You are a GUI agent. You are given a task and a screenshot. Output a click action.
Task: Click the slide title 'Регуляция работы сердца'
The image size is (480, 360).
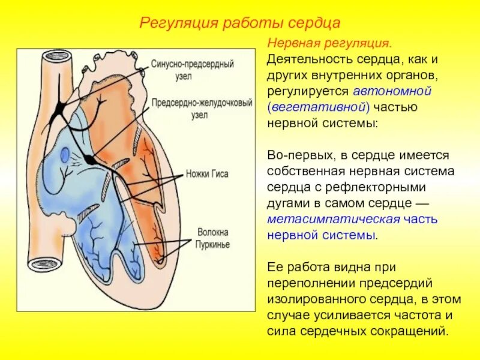240,23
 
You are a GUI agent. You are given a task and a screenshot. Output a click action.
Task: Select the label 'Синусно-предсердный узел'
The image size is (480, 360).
192,68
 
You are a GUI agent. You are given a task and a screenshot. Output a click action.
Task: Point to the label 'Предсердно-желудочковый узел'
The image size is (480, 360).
201,108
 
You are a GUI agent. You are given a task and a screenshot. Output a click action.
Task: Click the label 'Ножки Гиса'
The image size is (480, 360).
207,174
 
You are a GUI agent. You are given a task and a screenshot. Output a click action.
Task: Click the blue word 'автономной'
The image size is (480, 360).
393,91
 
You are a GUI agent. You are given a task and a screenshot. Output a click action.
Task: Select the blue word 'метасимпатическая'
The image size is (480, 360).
321,219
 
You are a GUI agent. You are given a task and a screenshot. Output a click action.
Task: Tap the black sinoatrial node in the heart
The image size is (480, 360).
61,108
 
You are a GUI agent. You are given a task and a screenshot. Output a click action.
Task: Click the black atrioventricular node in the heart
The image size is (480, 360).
89,159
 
